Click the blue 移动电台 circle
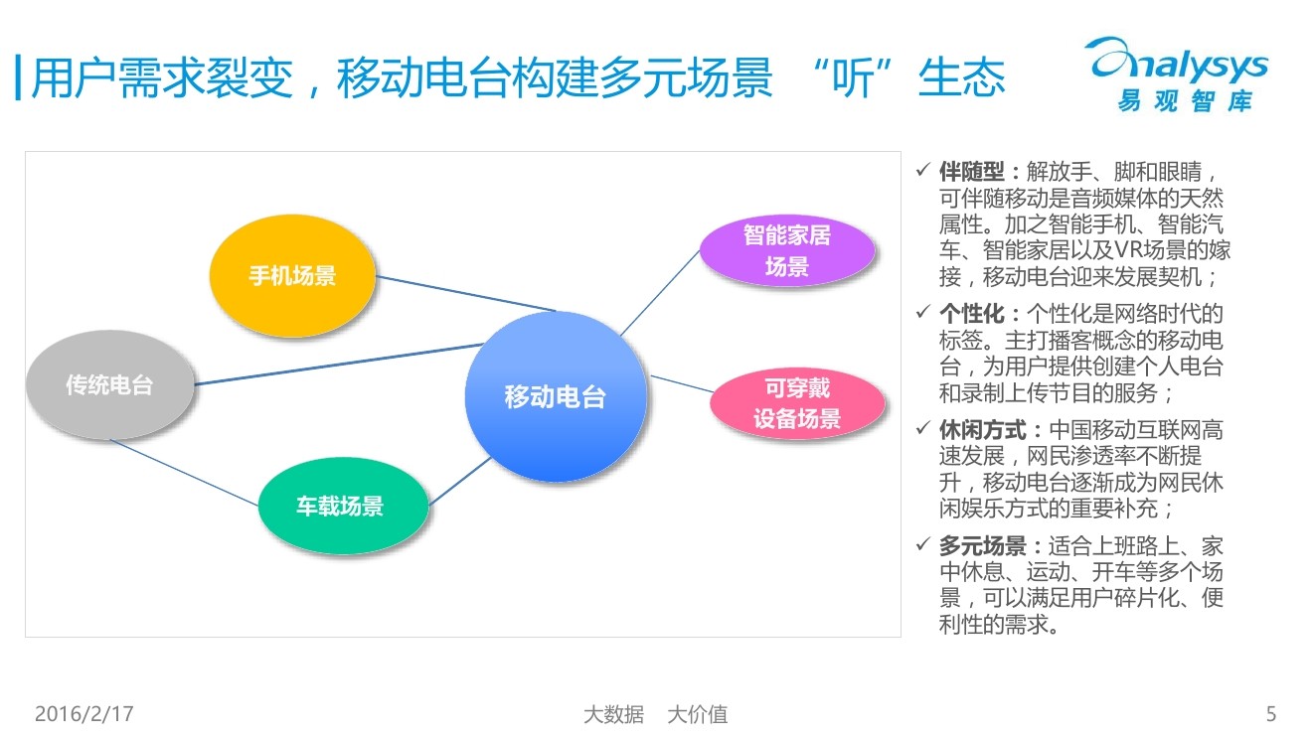click(555, 397)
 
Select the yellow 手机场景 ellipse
click(292, 275)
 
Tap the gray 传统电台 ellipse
click(109, 384)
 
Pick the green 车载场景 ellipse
click(340, 506)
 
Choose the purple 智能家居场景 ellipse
click(786, 251)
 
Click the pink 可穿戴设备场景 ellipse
click(796, 402)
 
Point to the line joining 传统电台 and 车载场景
click(184, 473)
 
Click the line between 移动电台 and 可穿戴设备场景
click(681, 384)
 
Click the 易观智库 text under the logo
click(1184, 101)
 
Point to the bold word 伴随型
click(972, 172)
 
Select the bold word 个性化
click(972, 314)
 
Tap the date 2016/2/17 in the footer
click(83, 713)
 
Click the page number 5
click(1271, 713)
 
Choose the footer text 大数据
click(612, 714)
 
